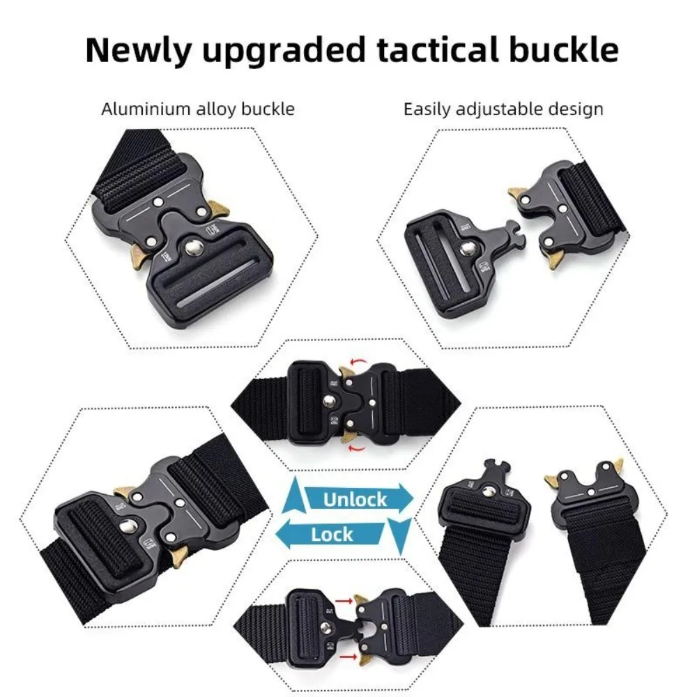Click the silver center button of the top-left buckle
[193, 247]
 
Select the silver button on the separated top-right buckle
[467, 250]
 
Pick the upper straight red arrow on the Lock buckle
[344, 601]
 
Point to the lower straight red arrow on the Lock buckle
[348, 657]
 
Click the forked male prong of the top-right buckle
[516, 235]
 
